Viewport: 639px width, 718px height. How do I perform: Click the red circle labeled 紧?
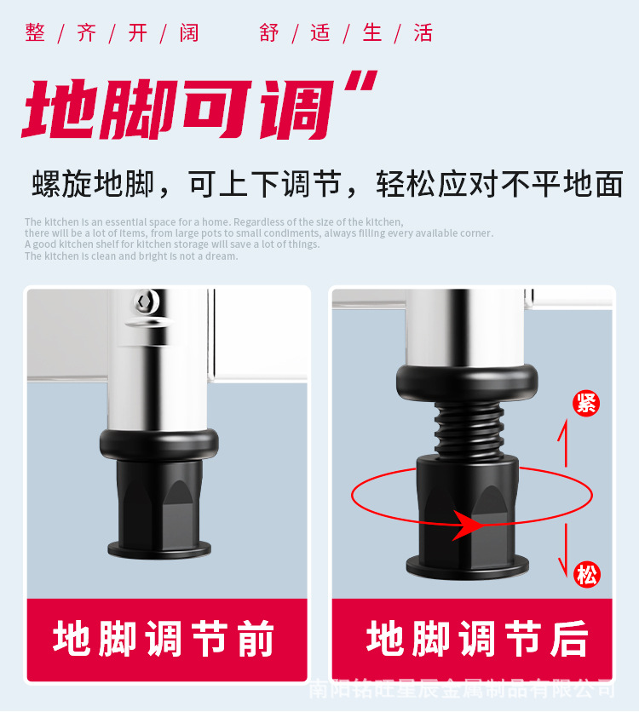pos(586,402)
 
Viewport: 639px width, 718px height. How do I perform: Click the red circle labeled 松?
pos(586,575)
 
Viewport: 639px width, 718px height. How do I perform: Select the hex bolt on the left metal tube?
pos(144,302)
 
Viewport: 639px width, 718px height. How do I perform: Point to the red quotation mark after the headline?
pos(363,87)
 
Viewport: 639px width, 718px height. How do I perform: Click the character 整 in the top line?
pos(35,32)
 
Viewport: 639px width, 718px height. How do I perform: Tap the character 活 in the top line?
pos(423,32)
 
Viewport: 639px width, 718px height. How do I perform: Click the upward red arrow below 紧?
pos(561,443)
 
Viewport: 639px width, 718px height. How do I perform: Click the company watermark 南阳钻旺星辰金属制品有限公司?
pos(460,688)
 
